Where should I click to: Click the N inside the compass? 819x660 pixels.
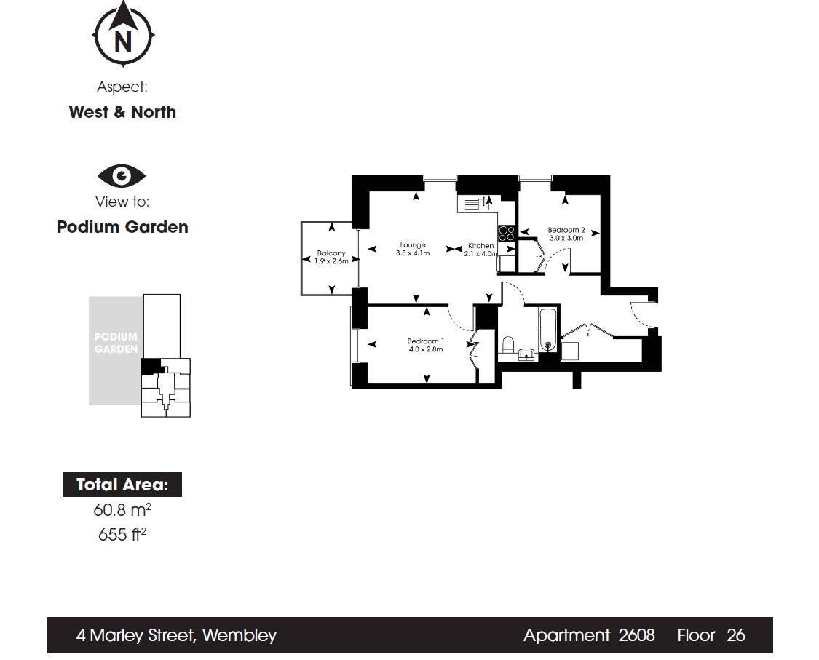click(x=123, y=42)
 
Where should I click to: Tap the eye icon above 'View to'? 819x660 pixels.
click(x=122, y=175)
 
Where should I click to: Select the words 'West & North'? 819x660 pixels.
click(x=122, y=112)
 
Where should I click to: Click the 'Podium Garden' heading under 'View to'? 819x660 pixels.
click(x=122, y=226)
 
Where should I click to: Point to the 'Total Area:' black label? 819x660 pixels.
click(x=123, y=485)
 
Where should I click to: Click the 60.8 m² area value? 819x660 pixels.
click(x=122, y=509)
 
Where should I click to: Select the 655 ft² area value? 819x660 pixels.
click(x=122, y=534)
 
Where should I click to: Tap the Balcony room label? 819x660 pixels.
click(x=331, y=257)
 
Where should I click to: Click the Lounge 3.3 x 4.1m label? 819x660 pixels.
click(x=413, y=249)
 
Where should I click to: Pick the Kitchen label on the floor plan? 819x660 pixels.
click(x=481, y=250)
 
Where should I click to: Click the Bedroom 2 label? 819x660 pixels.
click(x=566, y=234)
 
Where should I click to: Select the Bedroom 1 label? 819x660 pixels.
click(x=426, y=345)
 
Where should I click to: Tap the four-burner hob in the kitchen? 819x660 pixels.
click(x=507, y=233)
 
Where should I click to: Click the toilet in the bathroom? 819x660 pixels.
click(x=508, y=345)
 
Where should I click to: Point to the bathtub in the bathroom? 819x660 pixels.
click(x=548, y=330)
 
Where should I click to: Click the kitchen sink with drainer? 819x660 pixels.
click(x=475, y=202)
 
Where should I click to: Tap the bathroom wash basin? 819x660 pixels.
click(x=526, y=355)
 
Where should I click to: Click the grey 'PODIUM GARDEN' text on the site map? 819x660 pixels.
click(x=116, y=343)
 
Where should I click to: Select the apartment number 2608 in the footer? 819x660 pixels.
click(x=637, y=635)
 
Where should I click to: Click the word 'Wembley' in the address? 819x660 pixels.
click(x=240, y=635)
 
